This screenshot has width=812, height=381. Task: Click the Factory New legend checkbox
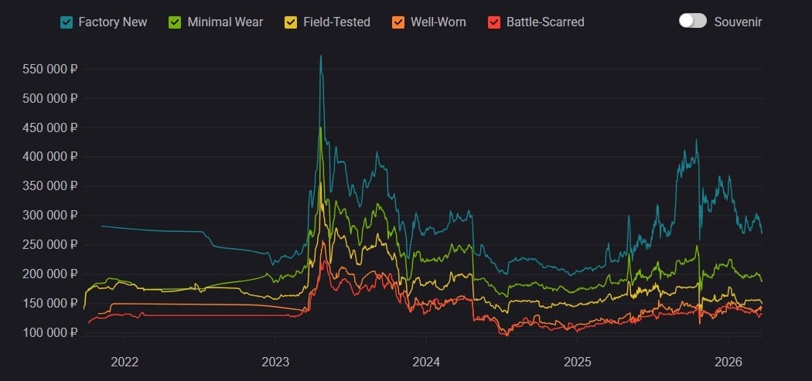[67, 22]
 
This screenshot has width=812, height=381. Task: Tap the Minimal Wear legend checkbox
[176, 22]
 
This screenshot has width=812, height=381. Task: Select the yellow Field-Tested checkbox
[291, 22]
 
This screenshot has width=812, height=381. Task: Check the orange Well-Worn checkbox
[398, 22]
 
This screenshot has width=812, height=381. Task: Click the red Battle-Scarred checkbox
[494, 22]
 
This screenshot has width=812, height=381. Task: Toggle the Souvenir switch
[692, 21]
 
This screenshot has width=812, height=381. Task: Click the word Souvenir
[738, 22]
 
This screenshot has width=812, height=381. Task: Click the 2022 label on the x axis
[124, 361]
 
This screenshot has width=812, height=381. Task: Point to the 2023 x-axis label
[275, 361]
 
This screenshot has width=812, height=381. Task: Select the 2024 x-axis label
[426, 361]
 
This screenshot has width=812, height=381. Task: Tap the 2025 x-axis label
[577, 361]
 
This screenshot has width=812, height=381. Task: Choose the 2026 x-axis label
[728, 361]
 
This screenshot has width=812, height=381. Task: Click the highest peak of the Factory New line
[321, 56]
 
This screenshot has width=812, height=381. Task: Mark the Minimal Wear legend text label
[225, 22]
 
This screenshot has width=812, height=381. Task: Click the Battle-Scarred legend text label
[545, 22]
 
